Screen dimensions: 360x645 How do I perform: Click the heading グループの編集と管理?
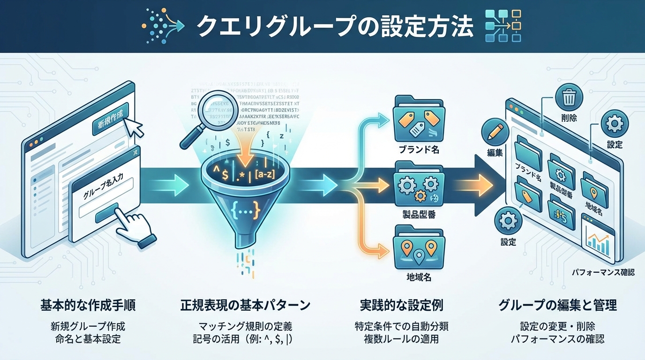point(557,306)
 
